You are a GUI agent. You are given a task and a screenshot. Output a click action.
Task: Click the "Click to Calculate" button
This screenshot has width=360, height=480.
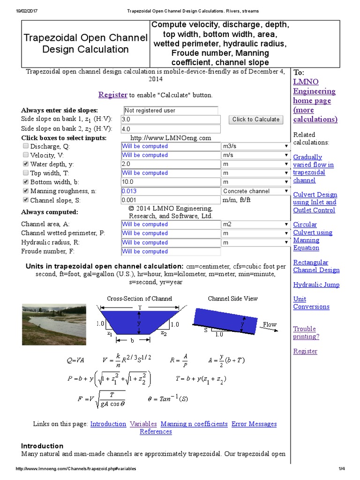256,120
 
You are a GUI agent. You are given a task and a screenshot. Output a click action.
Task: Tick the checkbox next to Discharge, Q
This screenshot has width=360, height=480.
26,146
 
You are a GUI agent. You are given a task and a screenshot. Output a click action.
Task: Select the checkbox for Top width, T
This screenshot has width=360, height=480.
26,173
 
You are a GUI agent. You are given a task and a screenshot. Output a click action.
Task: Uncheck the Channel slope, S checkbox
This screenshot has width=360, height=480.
26,200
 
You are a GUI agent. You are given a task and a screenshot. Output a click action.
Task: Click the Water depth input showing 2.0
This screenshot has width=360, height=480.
170,164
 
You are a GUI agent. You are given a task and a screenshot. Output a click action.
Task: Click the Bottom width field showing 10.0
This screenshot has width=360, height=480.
170,182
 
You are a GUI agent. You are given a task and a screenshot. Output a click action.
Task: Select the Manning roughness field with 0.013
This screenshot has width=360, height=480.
170,191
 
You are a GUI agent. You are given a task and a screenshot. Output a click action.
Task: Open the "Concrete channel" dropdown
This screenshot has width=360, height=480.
255,191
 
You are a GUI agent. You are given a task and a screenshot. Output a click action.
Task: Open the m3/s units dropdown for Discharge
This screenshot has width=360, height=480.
255,146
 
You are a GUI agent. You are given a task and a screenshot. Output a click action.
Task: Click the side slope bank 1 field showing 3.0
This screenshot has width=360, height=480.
170,120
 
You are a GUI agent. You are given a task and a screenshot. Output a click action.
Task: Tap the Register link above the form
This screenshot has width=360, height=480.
112,95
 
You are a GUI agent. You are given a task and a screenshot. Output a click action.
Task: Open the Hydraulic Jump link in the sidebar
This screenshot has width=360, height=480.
316,285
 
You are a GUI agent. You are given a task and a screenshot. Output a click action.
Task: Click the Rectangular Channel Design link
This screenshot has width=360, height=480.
316,266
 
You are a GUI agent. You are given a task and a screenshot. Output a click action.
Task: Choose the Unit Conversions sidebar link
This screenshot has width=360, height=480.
311,303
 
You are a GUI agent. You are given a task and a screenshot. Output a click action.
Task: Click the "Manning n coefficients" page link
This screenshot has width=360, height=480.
194,424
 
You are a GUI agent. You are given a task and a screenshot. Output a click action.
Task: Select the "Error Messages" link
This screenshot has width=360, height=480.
254,424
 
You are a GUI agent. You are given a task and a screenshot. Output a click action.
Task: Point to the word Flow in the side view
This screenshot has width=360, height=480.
270,324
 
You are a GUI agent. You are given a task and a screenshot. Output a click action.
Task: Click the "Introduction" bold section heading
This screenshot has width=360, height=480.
42,446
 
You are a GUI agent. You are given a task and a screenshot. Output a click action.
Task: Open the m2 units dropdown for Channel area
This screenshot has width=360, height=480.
255,225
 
